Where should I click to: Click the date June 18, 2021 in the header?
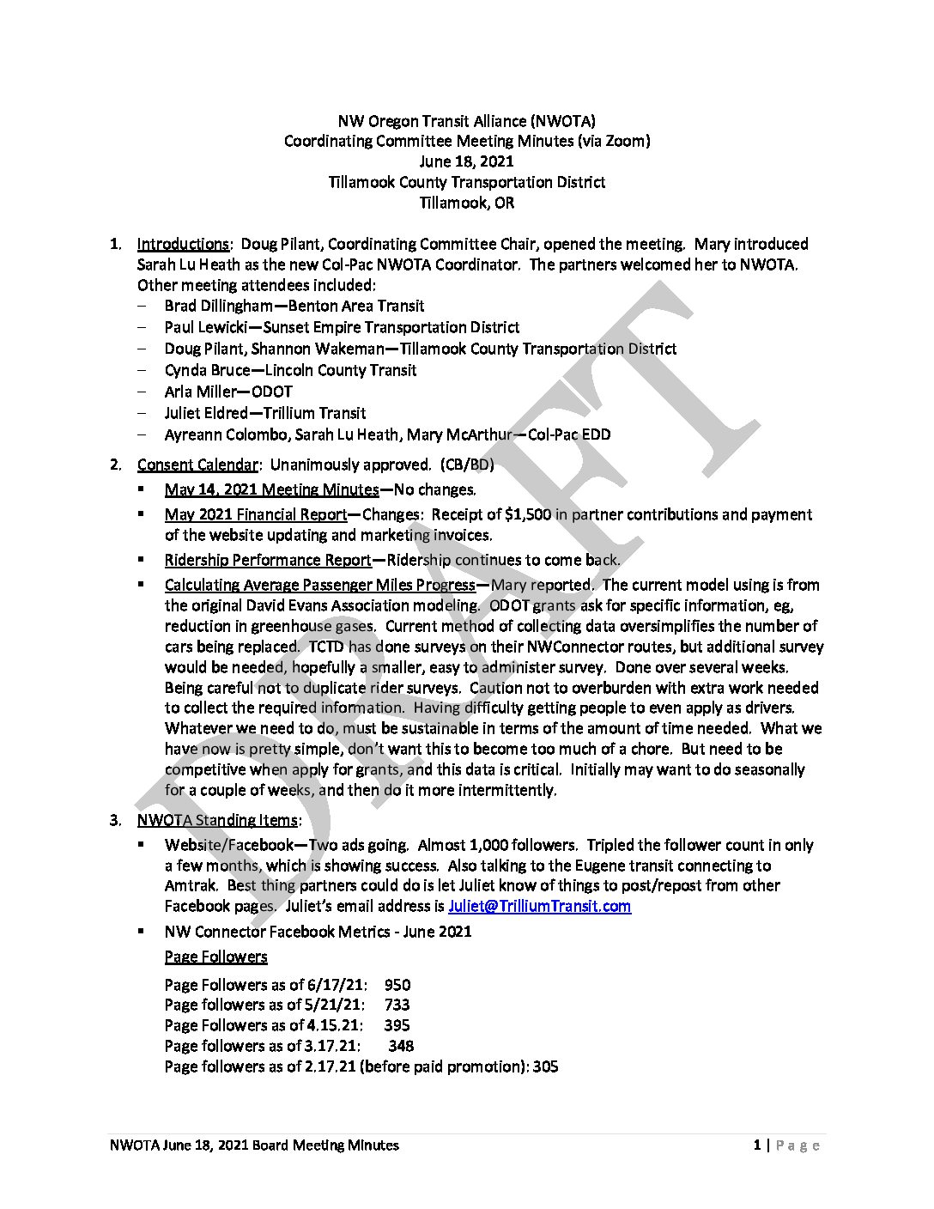point(467,161)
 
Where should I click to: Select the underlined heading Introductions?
point(183,244)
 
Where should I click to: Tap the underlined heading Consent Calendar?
point(197,465)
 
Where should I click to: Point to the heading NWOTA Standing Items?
point(217,820)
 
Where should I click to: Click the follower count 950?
point(397,985)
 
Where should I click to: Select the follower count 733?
point(397,1005)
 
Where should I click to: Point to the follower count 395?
point(397,1025)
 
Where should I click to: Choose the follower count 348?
point(401,1046)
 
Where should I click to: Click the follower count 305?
point(546,1066)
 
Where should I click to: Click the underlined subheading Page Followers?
point(215,957)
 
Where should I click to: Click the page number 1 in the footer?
point(757,1145)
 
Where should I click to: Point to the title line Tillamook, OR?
point(467,204)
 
